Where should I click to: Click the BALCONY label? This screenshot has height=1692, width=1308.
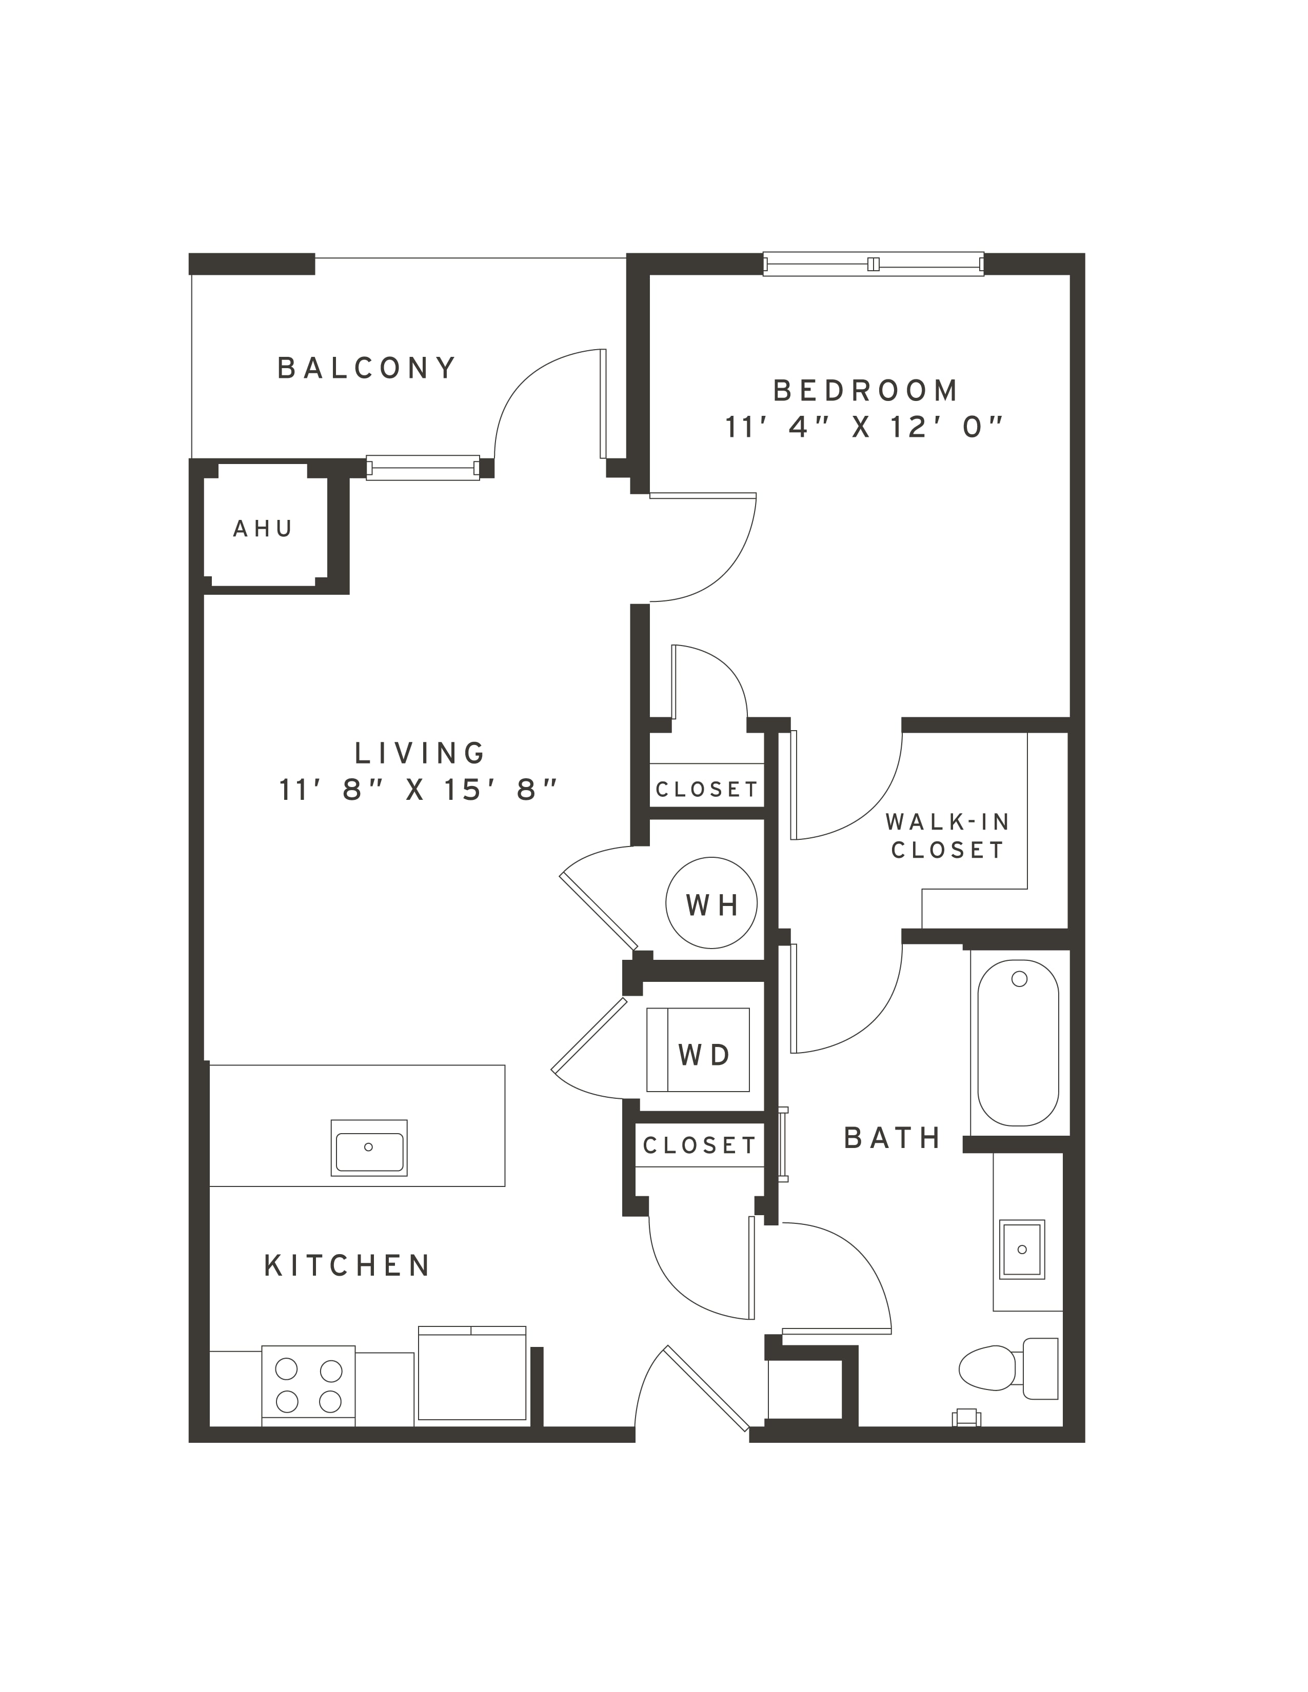367,368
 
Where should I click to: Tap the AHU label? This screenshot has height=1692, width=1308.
263,529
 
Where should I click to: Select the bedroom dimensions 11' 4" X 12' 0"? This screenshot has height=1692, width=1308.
864,427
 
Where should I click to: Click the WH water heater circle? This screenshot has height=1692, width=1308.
711,902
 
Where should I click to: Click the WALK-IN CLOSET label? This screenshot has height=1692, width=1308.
948,835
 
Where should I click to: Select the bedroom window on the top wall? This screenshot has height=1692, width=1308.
874,264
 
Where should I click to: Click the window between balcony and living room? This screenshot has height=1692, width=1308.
423,468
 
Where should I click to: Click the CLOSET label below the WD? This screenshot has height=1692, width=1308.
699,1146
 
